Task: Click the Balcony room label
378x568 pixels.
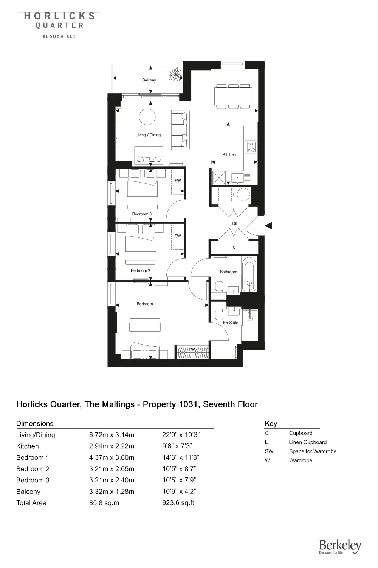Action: tap(149, 80)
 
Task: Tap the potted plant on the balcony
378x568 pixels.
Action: tap(175, 74)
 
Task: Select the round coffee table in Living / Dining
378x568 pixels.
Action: tap(147, 117)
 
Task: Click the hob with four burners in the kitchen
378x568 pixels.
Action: tap(251, 147)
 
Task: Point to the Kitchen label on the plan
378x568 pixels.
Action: tap(229, 155)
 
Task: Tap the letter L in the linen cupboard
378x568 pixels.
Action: tap(234, 195)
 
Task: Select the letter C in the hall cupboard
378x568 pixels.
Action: tap(234, 248)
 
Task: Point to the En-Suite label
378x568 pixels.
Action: tap(231, 323)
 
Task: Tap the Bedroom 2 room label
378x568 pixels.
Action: tap(141, 271)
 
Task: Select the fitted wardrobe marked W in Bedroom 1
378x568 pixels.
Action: tap(193, 353)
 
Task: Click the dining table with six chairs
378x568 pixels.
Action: tap(233, 96)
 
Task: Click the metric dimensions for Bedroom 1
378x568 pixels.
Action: tap(112, 457)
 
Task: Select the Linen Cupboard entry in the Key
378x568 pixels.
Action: tap(308, 442)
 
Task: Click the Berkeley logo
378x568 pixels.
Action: tap(340, 546)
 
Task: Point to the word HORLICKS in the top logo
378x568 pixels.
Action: tap(60, 16)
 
